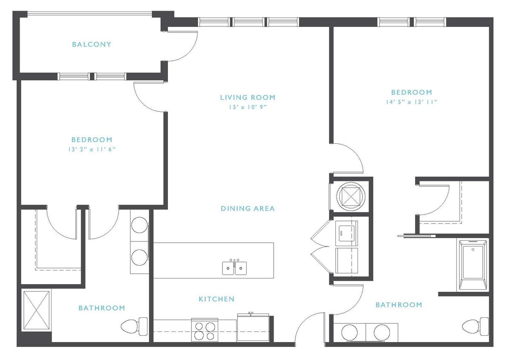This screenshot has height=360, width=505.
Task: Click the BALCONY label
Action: point(91,44)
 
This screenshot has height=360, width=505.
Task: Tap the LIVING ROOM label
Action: point(248,97)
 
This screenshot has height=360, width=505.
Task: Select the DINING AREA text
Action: point(248,209)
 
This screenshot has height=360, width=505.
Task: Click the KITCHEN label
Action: point(216,299)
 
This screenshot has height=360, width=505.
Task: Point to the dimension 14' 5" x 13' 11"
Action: point(411,102)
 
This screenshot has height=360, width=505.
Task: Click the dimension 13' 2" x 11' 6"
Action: point(92,149)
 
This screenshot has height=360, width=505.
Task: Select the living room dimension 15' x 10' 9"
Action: point(248,107)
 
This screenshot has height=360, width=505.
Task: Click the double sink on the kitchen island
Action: point(234,268)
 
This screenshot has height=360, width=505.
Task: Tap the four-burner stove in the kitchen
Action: point(205,330)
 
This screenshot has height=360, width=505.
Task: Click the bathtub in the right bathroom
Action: point(473,265)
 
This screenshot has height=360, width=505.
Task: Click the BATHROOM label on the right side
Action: point(398,305)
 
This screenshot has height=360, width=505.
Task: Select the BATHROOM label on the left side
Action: point(101,308)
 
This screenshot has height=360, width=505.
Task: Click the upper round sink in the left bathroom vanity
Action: point(139,225)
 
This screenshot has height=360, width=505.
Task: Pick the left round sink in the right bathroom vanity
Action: point(349,333)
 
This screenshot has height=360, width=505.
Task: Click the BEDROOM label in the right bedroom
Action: point(411,92)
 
